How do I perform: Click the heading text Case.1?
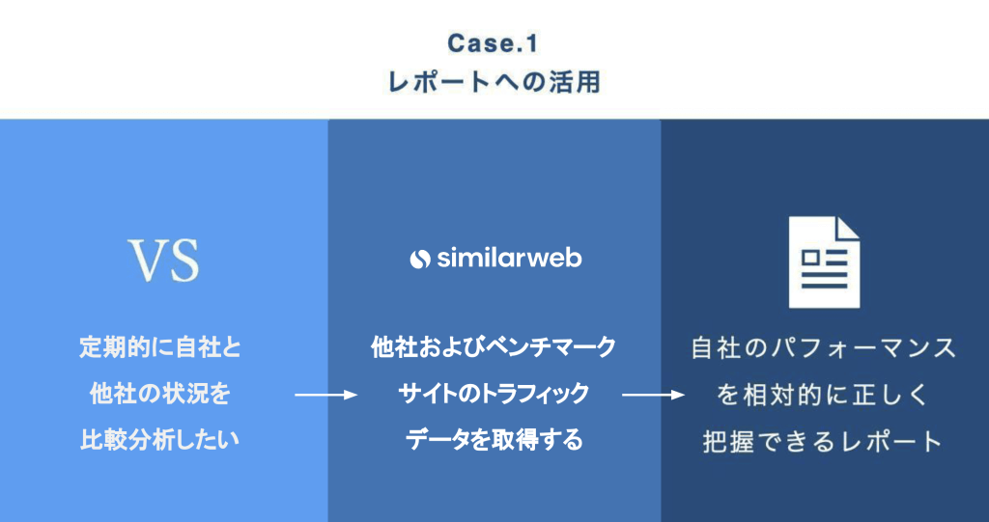point(494,43)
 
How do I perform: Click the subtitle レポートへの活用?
point(494,82)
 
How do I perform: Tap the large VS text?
point(164,259)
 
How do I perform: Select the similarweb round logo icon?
point(420,259)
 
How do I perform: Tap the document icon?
point(824,261)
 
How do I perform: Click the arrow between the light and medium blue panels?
point(325,395)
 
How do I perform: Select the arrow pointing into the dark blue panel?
point(654,395)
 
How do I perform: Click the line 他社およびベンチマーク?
point(494,347)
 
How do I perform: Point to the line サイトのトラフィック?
point(494,394)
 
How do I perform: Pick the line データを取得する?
point(494,440)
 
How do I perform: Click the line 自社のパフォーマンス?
point(824,347)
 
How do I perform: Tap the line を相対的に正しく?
point(824,394)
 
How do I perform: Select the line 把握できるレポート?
point(824,441)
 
